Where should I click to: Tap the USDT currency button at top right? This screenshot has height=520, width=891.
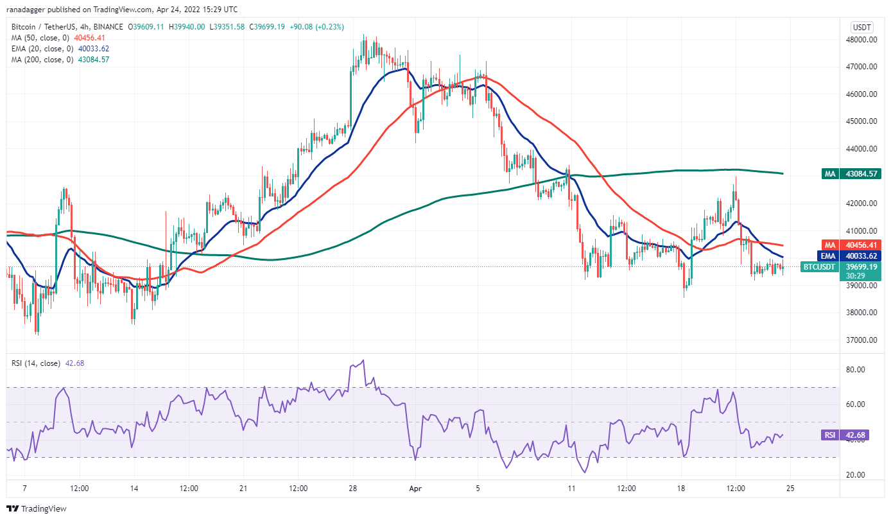click(x=860, y=27)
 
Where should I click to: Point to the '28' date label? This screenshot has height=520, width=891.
click(x=353, y=488)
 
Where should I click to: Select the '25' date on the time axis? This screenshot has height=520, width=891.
click(x=790, y=488)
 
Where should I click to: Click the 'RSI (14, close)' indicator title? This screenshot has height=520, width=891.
click(x=35, y=363)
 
